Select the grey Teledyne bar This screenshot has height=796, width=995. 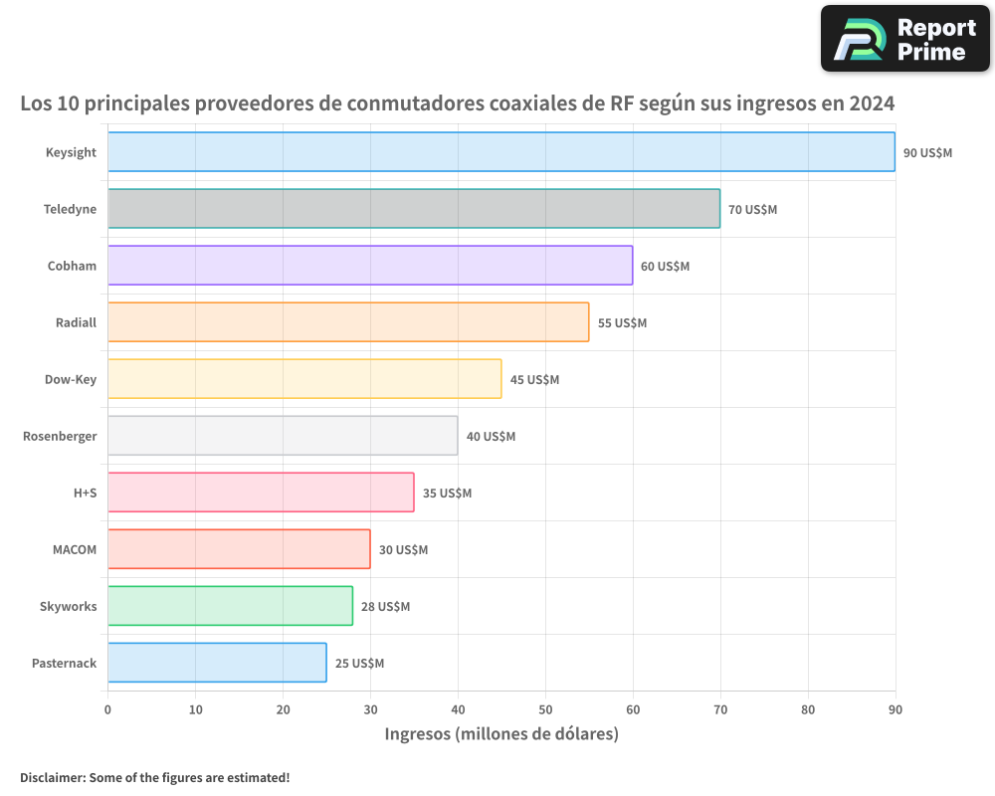(x=414, y=208)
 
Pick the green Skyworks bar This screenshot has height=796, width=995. (x=230, y=606)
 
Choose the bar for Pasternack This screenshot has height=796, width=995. (x=217, y=663)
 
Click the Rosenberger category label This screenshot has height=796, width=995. (x=60, y=436)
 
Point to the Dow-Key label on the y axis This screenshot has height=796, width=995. (x=71, y=379)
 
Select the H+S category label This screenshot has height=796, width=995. (x=84, y=493)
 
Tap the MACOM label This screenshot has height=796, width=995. (x=75, y=549)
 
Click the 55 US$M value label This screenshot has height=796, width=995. (x=622, y=322)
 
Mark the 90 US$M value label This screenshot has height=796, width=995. (x=927, y=152)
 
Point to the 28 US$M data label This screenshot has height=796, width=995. (x=385, y=607)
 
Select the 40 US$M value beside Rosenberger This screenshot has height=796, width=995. (x=491, y=436)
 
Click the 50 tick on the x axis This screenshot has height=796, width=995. (x=545, y=709)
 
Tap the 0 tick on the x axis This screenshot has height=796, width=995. (x=107, y=709)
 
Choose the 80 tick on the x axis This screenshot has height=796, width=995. (x=808, y=709)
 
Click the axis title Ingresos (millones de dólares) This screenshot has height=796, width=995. (x=501, y=734)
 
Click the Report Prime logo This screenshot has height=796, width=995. (x=904, y=39)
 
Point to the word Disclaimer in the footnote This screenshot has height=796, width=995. (x=52, y=777)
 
